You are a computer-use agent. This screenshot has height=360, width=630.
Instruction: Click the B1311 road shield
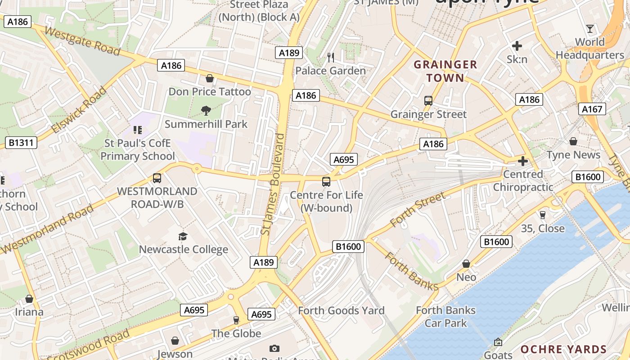tap(21, 143)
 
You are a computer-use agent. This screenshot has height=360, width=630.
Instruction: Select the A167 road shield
tap(592, 109)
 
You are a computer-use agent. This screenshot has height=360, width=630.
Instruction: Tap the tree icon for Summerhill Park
tap(206, 110)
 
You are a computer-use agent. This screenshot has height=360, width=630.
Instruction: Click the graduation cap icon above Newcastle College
tap(183, 236)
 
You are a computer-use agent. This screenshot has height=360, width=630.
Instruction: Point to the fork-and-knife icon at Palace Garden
tap(331, 57)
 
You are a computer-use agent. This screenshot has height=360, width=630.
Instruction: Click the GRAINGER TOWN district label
tap(445, 71)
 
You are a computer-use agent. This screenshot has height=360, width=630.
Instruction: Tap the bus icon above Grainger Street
tap(428, 101)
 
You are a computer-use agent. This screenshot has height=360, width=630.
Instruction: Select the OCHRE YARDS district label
tap(563, 349)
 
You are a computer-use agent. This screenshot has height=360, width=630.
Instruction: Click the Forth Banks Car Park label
tap(445, 316)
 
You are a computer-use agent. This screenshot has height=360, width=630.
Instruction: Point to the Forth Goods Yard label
tap(341, 310)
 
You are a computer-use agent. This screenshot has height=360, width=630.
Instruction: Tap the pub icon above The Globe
tap(236, 320)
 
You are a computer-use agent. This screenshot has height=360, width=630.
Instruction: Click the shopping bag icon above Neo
tap(466, 264)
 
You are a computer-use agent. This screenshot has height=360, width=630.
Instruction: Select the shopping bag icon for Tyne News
tap(573, 141)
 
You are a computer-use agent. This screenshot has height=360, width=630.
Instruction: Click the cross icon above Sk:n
tap(517, 45)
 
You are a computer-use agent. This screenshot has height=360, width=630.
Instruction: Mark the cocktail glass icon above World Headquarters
tap(590, 29)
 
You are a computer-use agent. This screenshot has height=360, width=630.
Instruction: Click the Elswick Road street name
tap(79, 110)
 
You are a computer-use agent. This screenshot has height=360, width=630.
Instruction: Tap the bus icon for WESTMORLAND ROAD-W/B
tap(157, 178)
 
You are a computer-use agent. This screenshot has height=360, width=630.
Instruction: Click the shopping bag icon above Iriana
tap(29, 299)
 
